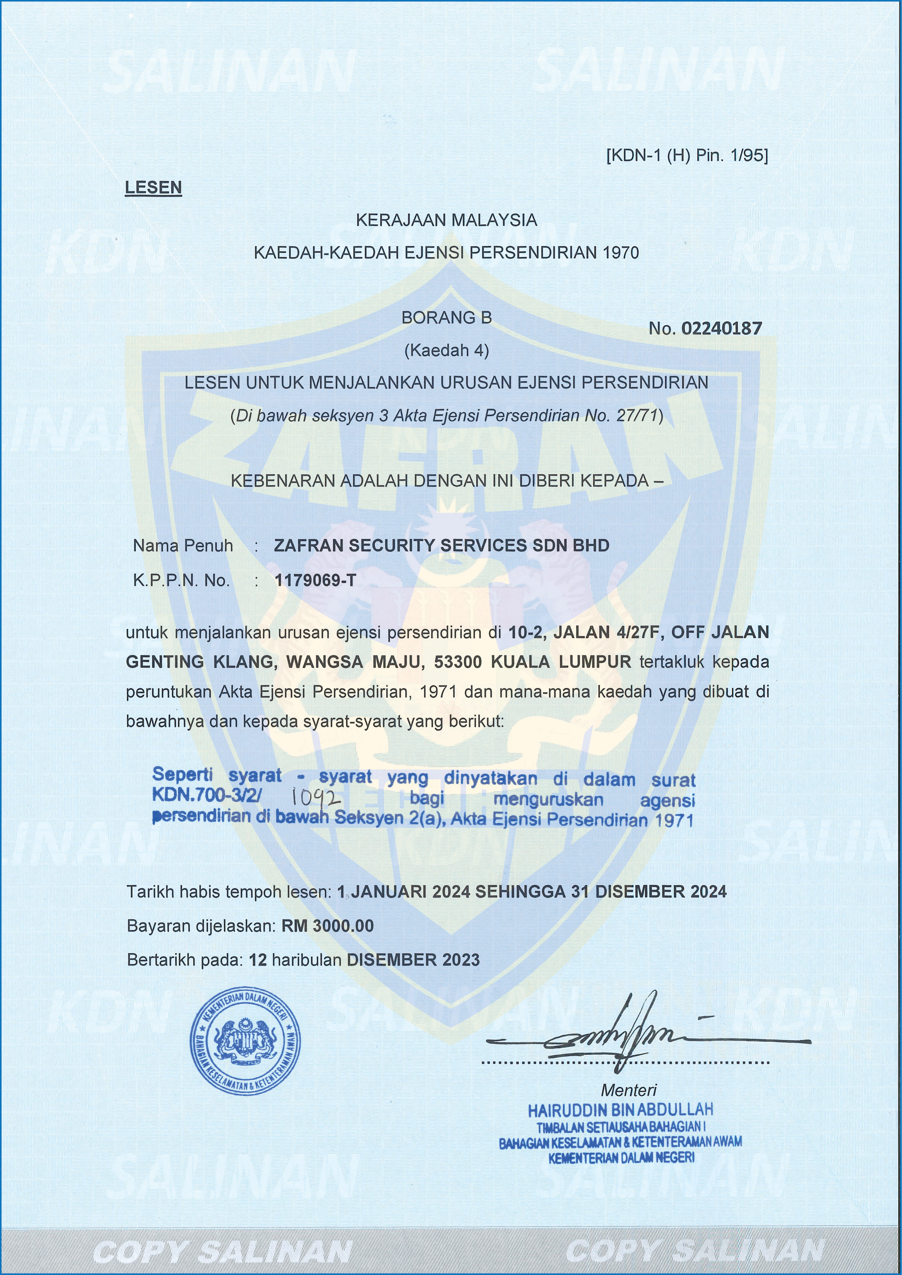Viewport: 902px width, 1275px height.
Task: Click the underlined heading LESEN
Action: (x=153, y=187)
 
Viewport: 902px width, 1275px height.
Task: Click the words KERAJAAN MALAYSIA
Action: (x=446, y=221)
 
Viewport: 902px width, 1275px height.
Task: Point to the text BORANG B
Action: (x=446, y=318)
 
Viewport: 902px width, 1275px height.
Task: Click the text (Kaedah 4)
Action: (x=446, y=350)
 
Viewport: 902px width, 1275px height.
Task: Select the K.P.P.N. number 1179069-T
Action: (x=315, y=580)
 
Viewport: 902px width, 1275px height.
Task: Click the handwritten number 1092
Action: (x=316, y=798)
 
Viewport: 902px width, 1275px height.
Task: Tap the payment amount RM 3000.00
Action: (x=328, y=926)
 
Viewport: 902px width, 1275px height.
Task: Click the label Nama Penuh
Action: (x=183, y=546)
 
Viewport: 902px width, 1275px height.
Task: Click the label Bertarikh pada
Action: (x=185, y=960)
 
